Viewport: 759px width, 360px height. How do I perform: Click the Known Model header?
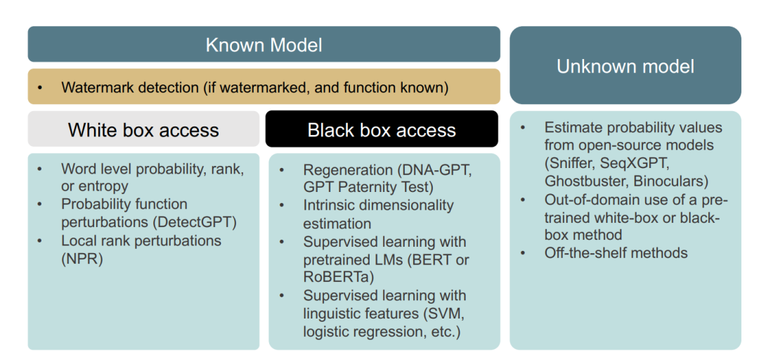tap(264, 44)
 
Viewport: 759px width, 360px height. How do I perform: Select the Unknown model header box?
tap(625, 65)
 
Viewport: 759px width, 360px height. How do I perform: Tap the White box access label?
tap(143, 130)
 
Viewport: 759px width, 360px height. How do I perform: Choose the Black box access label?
tap(382, 129)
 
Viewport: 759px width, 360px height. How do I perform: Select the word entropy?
tap(103, 186)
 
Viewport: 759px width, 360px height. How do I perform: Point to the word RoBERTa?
tap(330, 277)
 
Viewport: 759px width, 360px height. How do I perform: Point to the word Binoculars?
tap(668, 181)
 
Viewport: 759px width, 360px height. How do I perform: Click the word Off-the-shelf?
tap(583, 252)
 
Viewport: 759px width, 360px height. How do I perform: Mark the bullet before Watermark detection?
tap(39, 88)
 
